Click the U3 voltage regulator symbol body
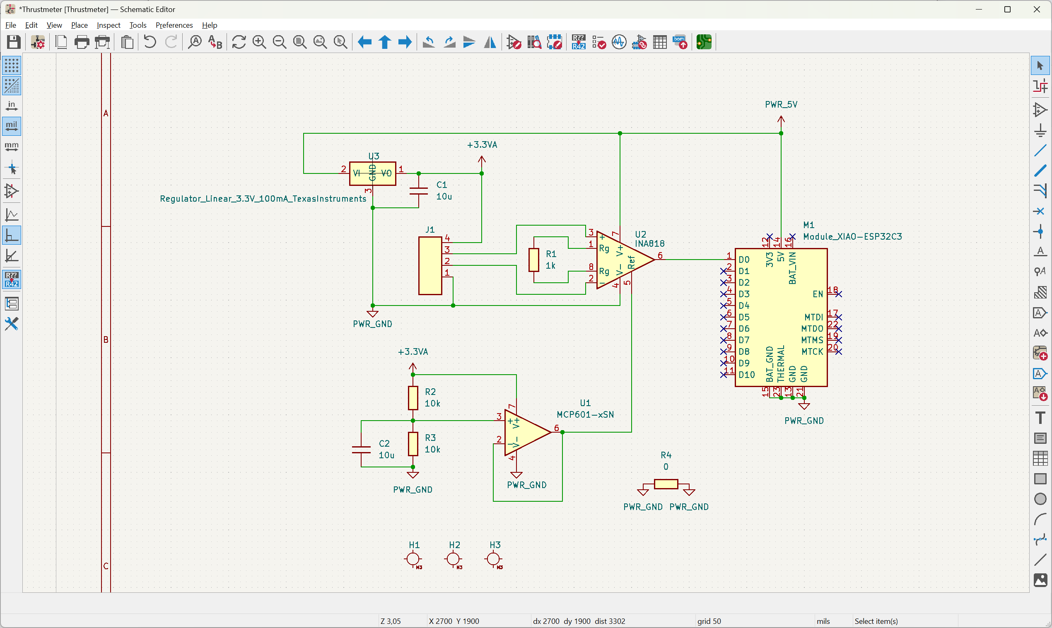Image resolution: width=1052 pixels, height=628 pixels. tap(372, 173)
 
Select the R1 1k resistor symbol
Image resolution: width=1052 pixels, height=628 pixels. tap(534, 260)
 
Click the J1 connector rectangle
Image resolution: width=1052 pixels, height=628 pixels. tap(430, 266)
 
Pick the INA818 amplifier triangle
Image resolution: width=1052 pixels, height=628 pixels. tap(623, 260)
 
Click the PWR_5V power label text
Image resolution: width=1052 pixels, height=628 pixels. tap(781, 104)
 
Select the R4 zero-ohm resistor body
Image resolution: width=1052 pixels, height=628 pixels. tap(666, 484)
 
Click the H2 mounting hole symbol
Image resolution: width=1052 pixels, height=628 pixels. tap(454, 558)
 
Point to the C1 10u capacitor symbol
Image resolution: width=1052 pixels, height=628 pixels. tap(419, 190)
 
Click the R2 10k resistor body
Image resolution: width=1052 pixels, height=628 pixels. tap(413, 398)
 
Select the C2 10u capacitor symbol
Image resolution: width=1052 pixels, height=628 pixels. tap(361, 450)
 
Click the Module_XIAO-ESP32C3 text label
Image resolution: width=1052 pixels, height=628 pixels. tap(852, 236)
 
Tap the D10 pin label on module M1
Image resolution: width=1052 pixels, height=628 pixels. tap(746, 375)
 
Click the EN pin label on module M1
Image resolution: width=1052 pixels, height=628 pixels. tap(818, 294)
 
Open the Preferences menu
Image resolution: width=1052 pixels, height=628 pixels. tap(174, 25)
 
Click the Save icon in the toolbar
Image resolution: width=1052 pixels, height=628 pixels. tap(14, 42)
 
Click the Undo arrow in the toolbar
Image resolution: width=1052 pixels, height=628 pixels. tap(150, 42)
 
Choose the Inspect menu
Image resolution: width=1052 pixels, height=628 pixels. tap(109, 25)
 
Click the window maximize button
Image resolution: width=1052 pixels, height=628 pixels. tap(1008, 9)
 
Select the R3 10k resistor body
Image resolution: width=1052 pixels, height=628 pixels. tap(413, 443)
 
